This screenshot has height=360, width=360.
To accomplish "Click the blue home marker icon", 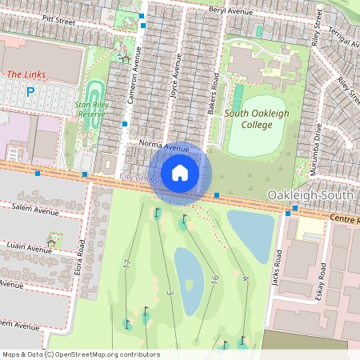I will tap(180, 173).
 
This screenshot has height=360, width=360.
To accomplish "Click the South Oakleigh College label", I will tap(258, 119).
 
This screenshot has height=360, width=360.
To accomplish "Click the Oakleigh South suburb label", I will tap(310, 196).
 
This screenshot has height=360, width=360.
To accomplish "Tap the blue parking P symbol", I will tap(31, 92).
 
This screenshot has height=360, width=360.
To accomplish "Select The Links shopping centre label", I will tap(26, 74).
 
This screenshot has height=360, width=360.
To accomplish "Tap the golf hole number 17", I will tap(127, 263).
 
